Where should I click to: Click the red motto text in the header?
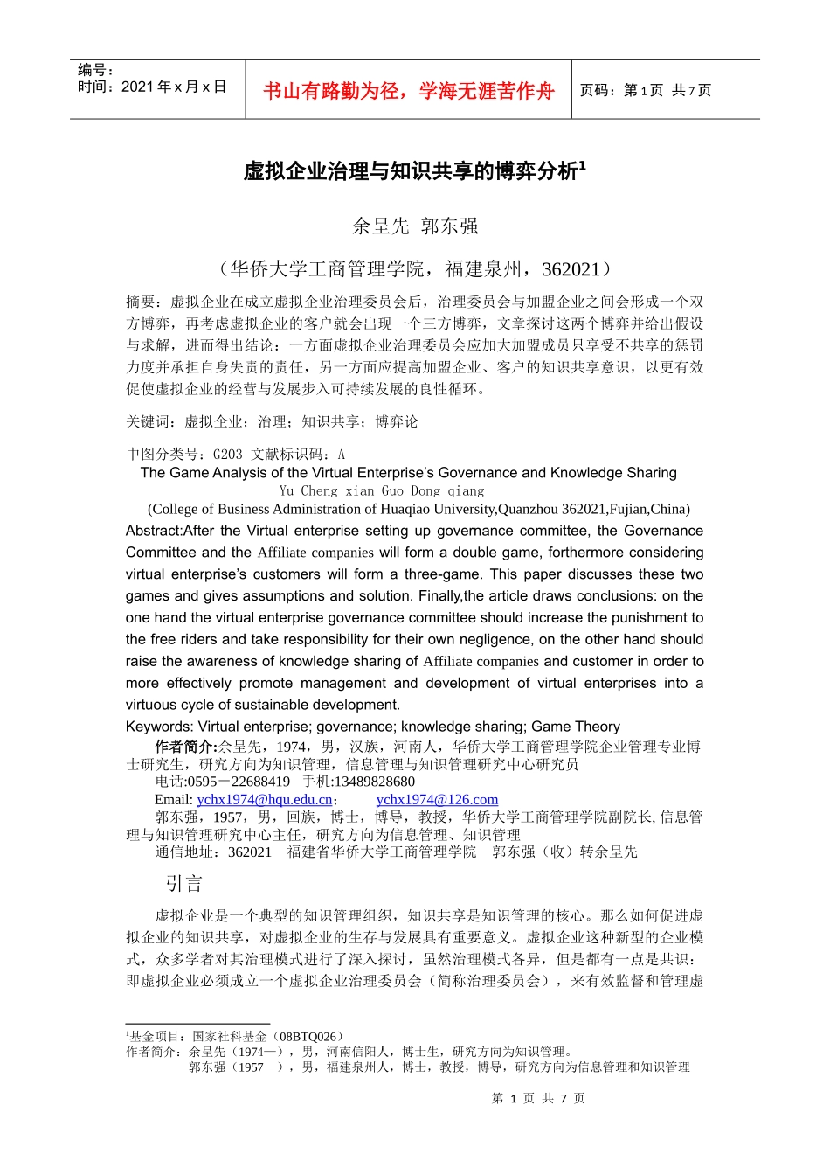coord(408,91)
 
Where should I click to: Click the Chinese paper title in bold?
coord(413,171)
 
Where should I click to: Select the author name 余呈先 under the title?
coord(380,226)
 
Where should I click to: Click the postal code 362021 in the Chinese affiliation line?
coord(571,269)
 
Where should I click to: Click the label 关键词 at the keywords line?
coord(147,422)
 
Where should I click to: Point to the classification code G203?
coord(227,455)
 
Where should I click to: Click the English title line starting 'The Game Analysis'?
coord(408,473)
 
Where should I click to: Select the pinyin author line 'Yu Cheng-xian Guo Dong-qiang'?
coord(381,491)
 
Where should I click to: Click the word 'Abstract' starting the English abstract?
coord(153,531)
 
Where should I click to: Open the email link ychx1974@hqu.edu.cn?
coord(265,800)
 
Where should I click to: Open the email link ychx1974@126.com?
coord(437,800)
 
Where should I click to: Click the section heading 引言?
coord(183,884)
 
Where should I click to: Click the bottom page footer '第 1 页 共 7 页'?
coord(538,1099)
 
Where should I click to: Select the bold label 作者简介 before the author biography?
coord(185,747)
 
